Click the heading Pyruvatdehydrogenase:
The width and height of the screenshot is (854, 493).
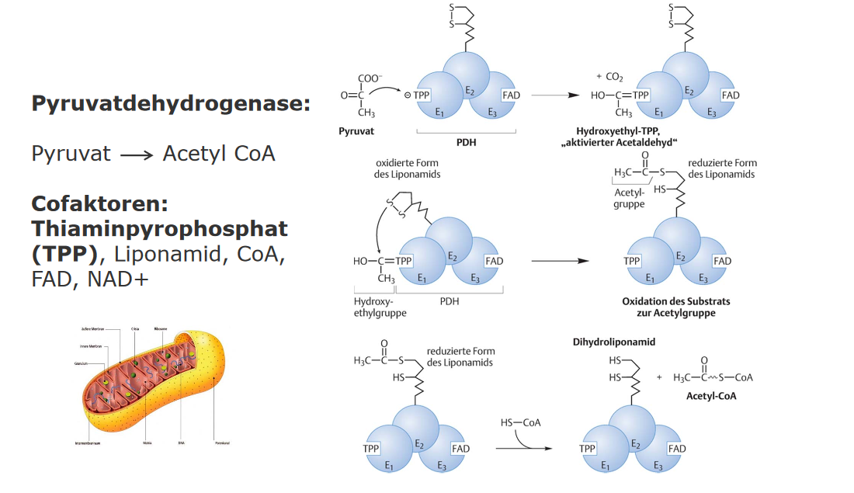(x=171, y=104)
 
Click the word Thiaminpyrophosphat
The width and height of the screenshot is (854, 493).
(x=159, y=229)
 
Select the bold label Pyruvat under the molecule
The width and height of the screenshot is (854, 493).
(x=356, y=131)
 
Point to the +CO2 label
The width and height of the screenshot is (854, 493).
(x=609, y=78)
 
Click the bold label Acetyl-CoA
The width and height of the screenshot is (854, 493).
(x=711, y=395)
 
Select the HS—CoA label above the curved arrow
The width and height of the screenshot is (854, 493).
(x=520, y=422)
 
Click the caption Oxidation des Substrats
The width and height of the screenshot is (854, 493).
(x=676, y=301)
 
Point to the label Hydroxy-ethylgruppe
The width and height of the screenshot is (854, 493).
(x=374, y=307)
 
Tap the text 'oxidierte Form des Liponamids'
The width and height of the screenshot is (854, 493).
(x=408, y=169)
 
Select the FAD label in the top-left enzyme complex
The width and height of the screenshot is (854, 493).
(x=511, y=95)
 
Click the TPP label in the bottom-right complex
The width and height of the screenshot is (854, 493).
(x=588, y=449)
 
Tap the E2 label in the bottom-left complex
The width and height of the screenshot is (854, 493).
(x=420, y=445)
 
